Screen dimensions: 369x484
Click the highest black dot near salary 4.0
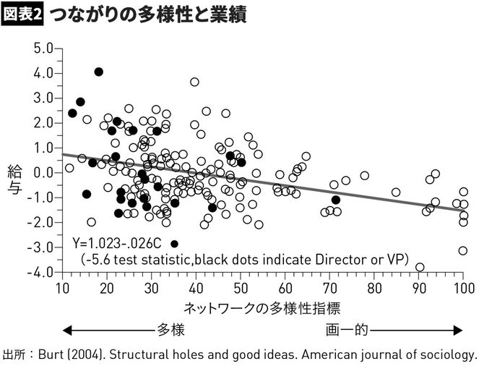pos(99,72)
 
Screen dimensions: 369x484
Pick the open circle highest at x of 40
pos(194,82)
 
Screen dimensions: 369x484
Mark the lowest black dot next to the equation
pos(174,244)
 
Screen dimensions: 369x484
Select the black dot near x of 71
pos(335,200)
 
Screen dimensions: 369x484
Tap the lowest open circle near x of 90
pos(420,267)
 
